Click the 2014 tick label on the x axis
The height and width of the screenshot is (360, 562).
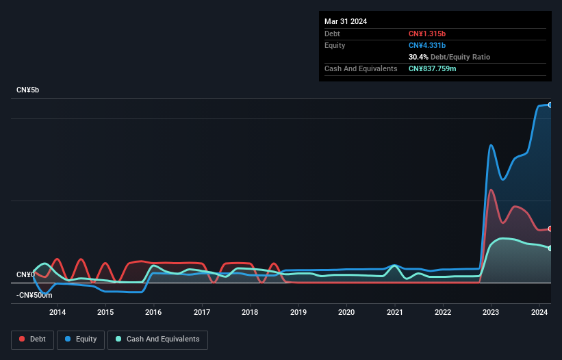click(58, 313)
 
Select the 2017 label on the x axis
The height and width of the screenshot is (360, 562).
click(202, 313)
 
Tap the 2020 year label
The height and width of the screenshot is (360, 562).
click(346, 313)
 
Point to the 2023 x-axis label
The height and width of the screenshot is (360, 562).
click(491, 313)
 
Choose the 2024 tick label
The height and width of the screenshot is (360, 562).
click(539, 313)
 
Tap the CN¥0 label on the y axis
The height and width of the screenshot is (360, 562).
click(25, 274)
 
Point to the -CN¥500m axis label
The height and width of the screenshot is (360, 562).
click(34, 295)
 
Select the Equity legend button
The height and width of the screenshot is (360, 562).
click(81, 339)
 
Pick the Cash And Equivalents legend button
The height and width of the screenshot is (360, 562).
click(157, 339)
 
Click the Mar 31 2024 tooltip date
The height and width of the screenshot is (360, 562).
click(346, 21)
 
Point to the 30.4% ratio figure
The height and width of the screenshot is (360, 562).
click(418, 57)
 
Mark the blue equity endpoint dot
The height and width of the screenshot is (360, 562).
click(550, 105)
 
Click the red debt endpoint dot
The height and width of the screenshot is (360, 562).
click(550, 229)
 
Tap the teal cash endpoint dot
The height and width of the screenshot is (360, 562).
click(550, 248)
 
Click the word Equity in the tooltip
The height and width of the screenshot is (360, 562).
click(335, 45)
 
